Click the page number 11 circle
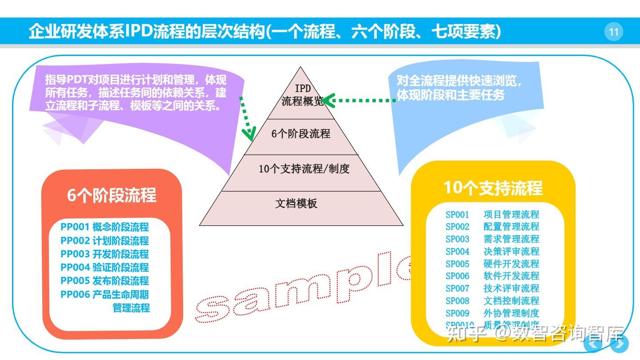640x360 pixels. pyautogui.click(x=614, y=32)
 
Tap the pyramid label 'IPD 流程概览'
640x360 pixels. pyautogui.click(x=303, y=95)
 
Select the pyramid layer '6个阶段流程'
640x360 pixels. pyautogui.click(x=301, y=134)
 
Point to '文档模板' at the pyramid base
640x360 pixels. pyautogui.click(x=296, y=204)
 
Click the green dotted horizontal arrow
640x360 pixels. pyautogui.click(x=360, y=100)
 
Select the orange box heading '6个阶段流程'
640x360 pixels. pyautogui.click(x=112, y=196)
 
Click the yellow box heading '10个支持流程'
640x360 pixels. pyautogui.click(x=493, y=188)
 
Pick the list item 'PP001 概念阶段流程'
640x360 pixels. pyautogui.click(x=105, y=227)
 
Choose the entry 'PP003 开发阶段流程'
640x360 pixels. pyautogui.click(x=105, y=254)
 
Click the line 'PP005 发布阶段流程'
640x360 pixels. pyautogui.click(x=105, y=281)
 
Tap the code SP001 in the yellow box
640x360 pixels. pyautogui.click(x=457, y=215)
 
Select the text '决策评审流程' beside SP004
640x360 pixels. pyautogui.click(x=511, y=252)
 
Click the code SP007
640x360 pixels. pyautogui.click(x=457, y=288)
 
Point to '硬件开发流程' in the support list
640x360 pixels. pyautogui.click(x=511, y=264)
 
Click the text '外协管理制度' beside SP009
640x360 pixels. pyautogui.click(x=511, y=313)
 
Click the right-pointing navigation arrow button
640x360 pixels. pyautogui.click(x=619, y=344)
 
